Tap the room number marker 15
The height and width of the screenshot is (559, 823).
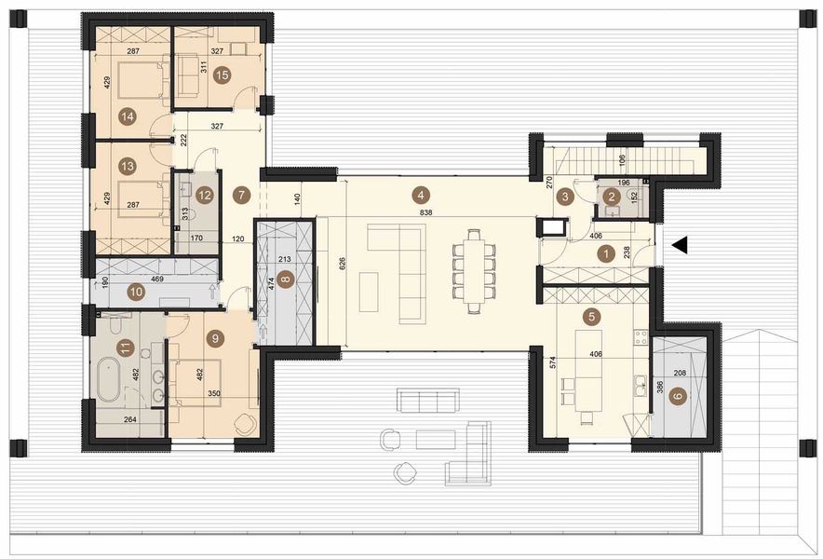tap(221, 76)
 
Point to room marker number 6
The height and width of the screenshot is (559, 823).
tap(678, 396)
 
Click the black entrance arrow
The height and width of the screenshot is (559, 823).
tap(681, 245)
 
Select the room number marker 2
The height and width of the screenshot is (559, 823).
tap(611, 196)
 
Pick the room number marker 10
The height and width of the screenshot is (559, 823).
tap(137, 292)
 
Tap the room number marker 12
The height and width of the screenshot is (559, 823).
tap(205, 195)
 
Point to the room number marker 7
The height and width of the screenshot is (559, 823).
tap(241, 195)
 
